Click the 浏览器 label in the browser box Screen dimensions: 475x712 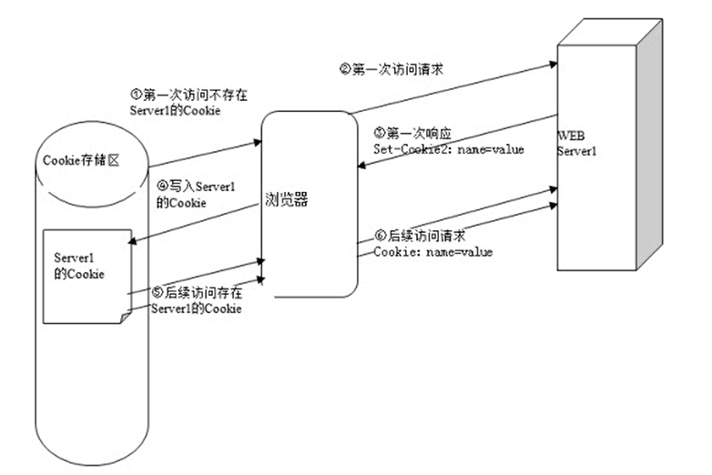(287, 200)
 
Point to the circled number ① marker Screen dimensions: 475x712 (136, 93)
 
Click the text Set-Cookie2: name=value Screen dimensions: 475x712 (448, 148)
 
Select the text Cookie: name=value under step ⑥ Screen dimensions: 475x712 (432, 251)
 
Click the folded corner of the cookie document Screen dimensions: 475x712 (123, 314)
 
